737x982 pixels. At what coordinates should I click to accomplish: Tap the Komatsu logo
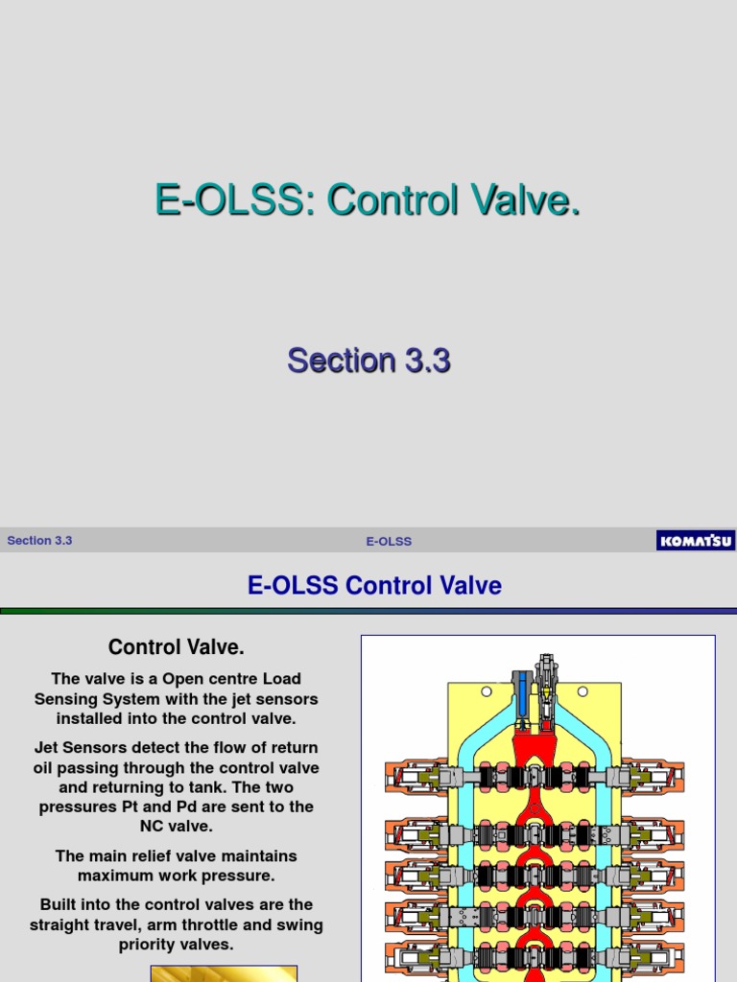(695, 541)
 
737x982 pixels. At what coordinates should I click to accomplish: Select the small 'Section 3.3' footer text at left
(39, 541)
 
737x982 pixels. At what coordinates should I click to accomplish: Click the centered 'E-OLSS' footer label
(389, 542)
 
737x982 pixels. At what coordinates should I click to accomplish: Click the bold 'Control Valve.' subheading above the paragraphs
(176, 647)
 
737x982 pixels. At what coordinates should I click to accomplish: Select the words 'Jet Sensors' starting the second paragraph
(80, 747)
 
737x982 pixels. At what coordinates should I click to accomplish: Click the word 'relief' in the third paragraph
(158, 855)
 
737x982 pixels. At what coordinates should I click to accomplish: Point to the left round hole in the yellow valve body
(487, 691)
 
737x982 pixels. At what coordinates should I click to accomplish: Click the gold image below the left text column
(224, 973)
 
